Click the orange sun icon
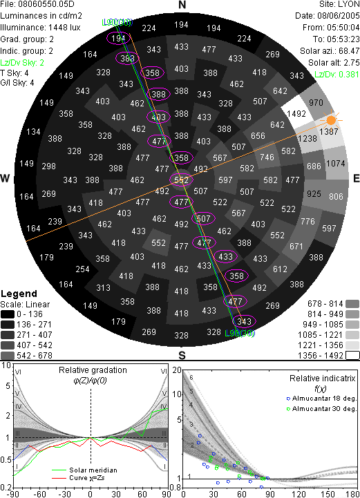pos(331,120)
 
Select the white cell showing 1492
pos(296,113)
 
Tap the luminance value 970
pos(316,102)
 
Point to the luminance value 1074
pos(336,163)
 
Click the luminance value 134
pos(33,131)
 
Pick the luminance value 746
pos(267,157)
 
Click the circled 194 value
pos(118,38)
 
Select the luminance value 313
pos(103,287)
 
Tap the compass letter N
pos(182,5)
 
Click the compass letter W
pos(5,178)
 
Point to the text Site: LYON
pos(339,4)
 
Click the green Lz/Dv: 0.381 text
pos(337,75)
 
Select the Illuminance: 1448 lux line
pos(40,28)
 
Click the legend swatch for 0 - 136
pos(8,314)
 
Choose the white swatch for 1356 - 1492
pos(352,355)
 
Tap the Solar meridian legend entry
pos(84,470)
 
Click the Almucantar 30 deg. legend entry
pos(321,408)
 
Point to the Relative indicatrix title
pos(322,379)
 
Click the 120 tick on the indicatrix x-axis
pos(299,494)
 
